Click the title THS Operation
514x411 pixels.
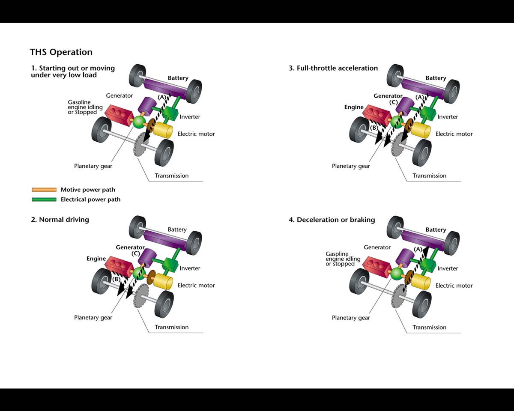tap(61, 52)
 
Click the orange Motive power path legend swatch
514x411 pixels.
tap(44, 190)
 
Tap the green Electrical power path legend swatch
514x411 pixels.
tap(44, 200)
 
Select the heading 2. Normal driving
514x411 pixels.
tap(60, 220)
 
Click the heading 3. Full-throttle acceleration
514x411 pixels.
tap(333, 68)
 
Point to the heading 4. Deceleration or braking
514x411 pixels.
tap(332, 220)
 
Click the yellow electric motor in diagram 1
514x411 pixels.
tap(162, 129)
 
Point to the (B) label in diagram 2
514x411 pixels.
tap(116, 279)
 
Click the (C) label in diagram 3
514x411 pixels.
tap(394, 103)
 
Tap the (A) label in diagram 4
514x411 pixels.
tap(418, 249)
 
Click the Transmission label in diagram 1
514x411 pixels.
tap(171, 176)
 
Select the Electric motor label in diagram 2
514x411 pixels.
tap(196, 286)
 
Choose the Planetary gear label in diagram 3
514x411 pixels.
tap(351, 166)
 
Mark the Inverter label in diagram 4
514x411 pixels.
tap(448, 268)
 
